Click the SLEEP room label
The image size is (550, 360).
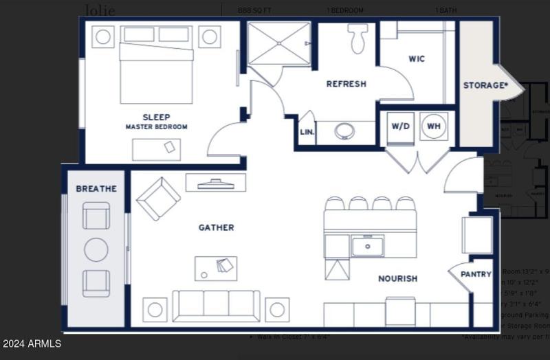tap(156, 117)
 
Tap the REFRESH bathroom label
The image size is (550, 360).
tap(346, 84)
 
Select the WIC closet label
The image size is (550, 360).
tap(417, 59)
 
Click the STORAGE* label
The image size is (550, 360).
tap(485, 85)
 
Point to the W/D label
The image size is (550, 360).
tap(401, 126)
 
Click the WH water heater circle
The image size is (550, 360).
tap(434, 126)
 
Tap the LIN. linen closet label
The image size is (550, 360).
tap(307, 133)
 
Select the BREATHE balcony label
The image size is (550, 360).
tap(96, 188)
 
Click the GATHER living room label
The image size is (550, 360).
tap(216, 227)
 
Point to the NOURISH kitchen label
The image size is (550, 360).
tap(397, 278)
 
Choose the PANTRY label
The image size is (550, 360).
tap(476, 274)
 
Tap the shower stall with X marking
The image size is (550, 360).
tap(278, 44)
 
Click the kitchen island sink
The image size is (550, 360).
tap(367, 245)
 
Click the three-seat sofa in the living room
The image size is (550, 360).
tap(216, 306)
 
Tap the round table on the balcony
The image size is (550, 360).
tap(96, 249)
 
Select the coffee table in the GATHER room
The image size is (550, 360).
tap(215, 268)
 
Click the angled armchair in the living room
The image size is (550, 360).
tap(158, 198)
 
